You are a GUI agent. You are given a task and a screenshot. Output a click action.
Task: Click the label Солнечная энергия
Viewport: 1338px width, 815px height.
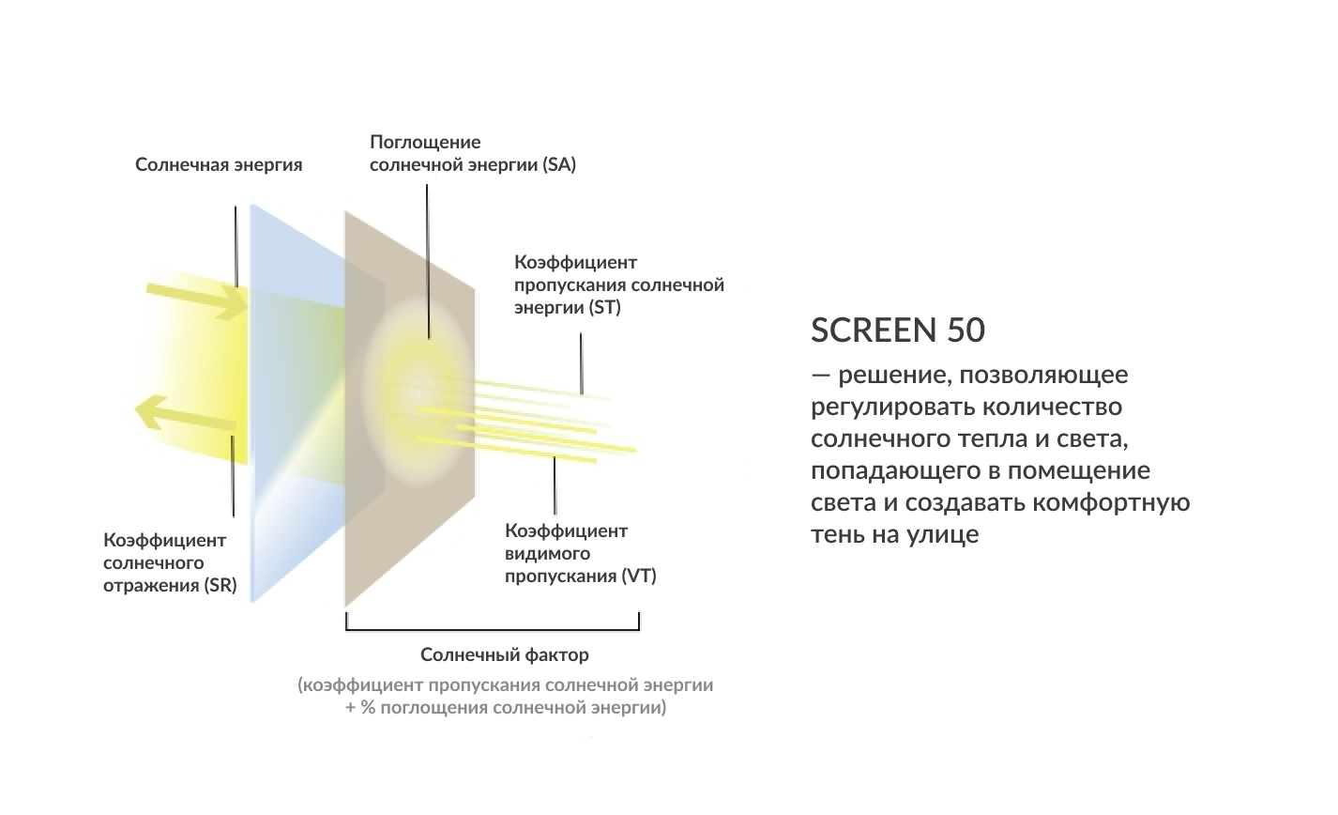click(219, 165)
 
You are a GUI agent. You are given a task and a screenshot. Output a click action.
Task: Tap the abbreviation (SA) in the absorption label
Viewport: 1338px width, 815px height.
click(558, 165)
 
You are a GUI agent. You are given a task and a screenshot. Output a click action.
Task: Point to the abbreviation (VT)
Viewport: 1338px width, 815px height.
click(638, 576)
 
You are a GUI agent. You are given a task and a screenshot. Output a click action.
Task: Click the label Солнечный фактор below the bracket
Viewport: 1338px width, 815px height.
click(505, 654)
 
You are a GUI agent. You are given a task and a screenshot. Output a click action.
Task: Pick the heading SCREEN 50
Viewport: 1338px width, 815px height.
click(898, 330)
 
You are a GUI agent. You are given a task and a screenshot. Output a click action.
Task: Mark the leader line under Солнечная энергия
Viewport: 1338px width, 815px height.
click(236, 246)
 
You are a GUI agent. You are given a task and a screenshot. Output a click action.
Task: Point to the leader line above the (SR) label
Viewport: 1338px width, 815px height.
click(233, 474)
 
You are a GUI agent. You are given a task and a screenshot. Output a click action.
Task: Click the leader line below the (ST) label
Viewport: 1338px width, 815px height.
click(581, 362)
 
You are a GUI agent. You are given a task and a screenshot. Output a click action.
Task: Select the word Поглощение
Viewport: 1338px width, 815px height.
click(425, 143)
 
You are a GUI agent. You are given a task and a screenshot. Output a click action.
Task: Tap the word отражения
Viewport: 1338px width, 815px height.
click(150, 585)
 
